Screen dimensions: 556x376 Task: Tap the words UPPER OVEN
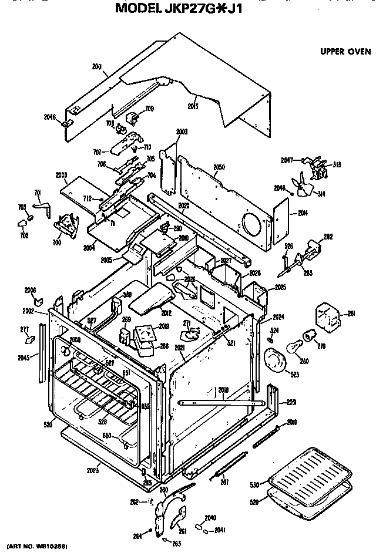(345, 51)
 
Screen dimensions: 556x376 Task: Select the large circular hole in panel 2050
(249, 226)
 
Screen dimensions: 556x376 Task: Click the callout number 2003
(182, 132)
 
